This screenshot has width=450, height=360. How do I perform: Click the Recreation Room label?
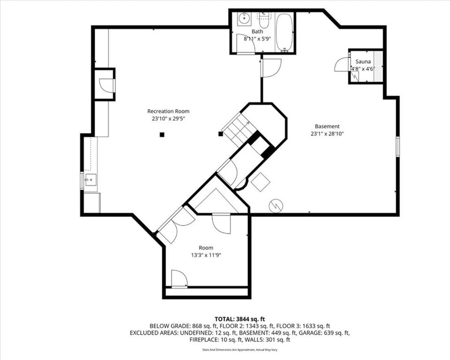point(168,111)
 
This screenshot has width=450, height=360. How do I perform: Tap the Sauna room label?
point(363,61)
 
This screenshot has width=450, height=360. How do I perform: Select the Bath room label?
point(257,31)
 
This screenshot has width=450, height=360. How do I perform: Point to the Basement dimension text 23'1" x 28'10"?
point(327,134)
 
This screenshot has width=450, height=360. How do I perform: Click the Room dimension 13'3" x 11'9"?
point(206,255)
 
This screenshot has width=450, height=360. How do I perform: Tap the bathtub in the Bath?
point(285,32)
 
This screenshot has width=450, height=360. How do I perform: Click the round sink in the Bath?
point(244,19)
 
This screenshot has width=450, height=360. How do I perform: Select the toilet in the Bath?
point(263,20)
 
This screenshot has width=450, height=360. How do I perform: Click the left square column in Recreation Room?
point(162,135)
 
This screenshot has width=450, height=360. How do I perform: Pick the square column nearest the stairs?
point(220,134)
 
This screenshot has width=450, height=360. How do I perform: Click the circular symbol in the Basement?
point(276,206)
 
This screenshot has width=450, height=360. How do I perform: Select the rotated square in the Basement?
point(261,182)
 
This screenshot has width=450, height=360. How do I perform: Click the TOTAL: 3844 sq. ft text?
point(240,319)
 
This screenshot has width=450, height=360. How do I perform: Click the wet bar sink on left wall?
point(91,180)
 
